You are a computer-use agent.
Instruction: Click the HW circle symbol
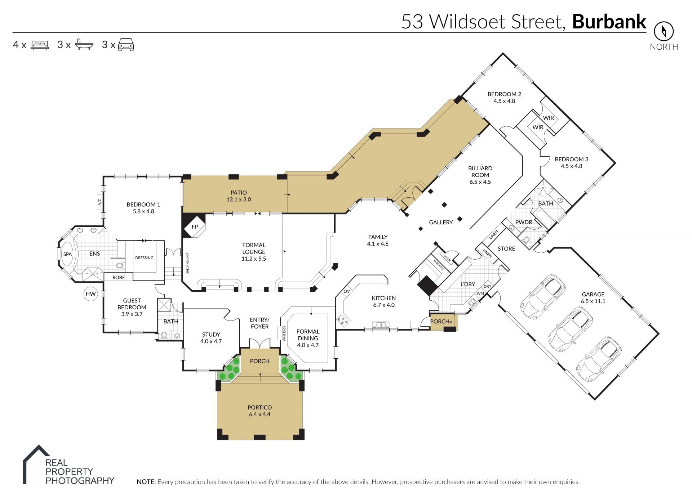[90, 294]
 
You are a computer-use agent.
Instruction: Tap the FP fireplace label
[195, 226]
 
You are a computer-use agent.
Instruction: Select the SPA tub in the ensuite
[67, 254]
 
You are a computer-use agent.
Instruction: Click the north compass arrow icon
[664, 31]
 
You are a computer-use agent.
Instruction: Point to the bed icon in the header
[40, 45]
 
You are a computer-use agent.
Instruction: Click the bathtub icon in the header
[84, 44]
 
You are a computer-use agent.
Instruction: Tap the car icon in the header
[126, 45]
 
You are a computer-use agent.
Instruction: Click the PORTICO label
[259, 407]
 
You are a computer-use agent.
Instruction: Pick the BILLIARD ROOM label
[480, 171]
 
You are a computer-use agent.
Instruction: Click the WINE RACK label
[284, 333]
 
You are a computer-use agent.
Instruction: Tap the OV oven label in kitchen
[347, 291]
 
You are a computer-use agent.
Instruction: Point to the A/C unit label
[100, 202]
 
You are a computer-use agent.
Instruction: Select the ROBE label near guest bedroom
[119, 277]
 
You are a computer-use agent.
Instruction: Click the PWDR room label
[524, 222]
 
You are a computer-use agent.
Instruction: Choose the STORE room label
[506, 248]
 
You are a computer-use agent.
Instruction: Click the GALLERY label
[441, 223]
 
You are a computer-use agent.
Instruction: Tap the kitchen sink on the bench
[381, 325]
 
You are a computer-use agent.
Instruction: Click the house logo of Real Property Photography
[35, 464]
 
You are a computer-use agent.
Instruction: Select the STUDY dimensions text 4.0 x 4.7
[211, 341]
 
